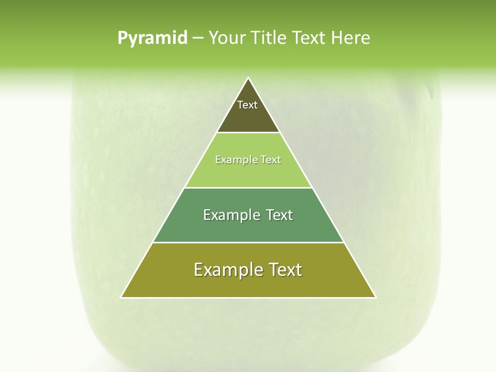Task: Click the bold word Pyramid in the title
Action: pyautogui.click(x=152, y=38)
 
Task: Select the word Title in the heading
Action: pyautogui.click(x=269, y=38)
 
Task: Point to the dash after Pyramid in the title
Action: pyautogui.click(x=197, y=38)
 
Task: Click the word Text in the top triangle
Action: pyautogui.click(x=247, y=105)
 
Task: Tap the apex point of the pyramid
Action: pyautogui.click(x=249, y=79)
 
